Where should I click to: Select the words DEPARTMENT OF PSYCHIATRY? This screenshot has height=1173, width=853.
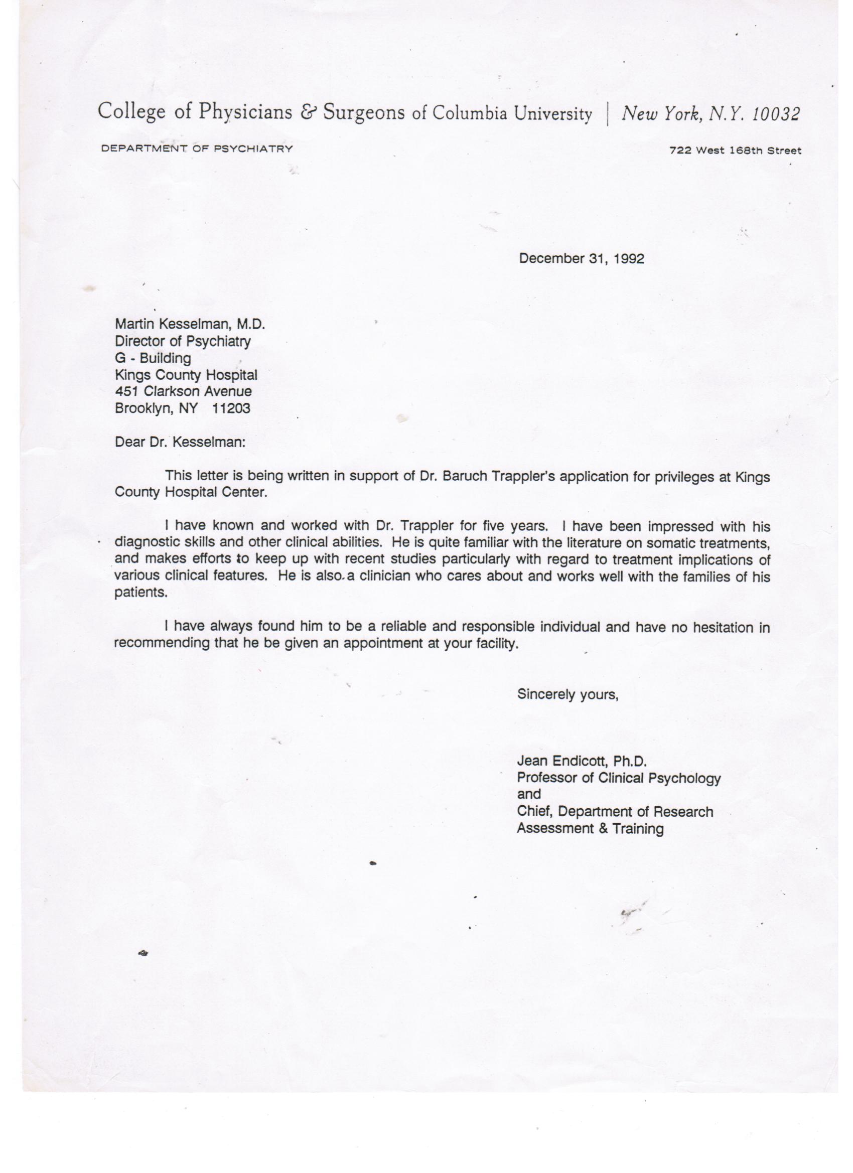coord(197,149)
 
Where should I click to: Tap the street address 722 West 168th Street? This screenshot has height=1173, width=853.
coord(735,151)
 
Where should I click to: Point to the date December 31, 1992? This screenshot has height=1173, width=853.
coord(582,258)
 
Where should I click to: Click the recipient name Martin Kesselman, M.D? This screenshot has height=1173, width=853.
coord(190,324)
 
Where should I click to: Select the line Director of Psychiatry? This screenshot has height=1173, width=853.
coord(183,341)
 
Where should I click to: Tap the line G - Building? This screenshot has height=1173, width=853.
coord(153,358)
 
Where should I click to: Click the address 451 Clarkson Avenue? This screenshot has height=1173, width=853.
coord(183,391)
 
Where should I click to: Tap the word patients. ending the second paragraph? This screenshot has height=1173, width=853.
coord(140,593)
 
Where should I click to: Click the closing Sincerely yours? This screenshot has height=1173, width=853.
coord(567,694)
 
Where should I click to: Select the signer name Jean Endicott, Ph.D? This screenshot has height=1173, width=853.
coord(582,761)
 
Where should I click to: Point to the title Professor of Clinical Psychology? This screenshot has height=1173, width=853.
coord(619,778)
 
